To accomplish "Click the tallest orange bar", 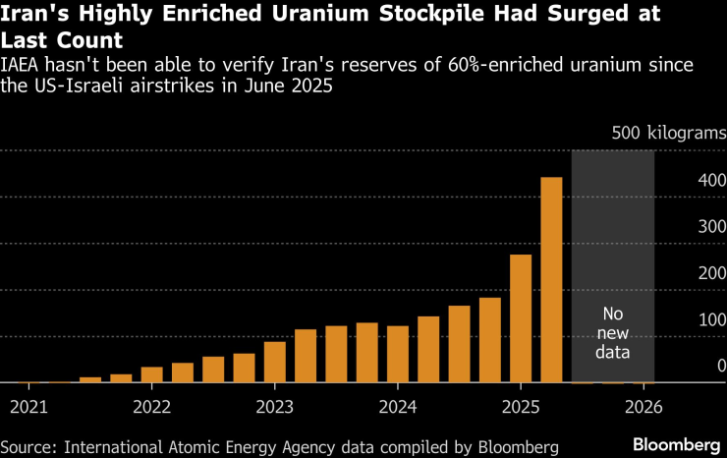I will [x=551, y=280].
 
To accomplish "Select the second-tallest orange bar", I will [x=521, y=318].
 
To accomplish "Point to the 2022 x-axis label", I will [x=152, y=406].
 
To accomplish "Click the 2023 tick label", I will [x=275, y=406].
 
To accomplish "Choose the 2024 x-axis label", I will [x=397, y=406].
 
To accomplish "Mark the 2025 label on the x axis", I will [x=521, y=406].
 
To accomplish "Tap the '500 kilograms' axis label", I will [x=668, y=133].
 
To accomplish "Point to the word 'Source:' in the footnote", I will [x=30, y=446].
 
